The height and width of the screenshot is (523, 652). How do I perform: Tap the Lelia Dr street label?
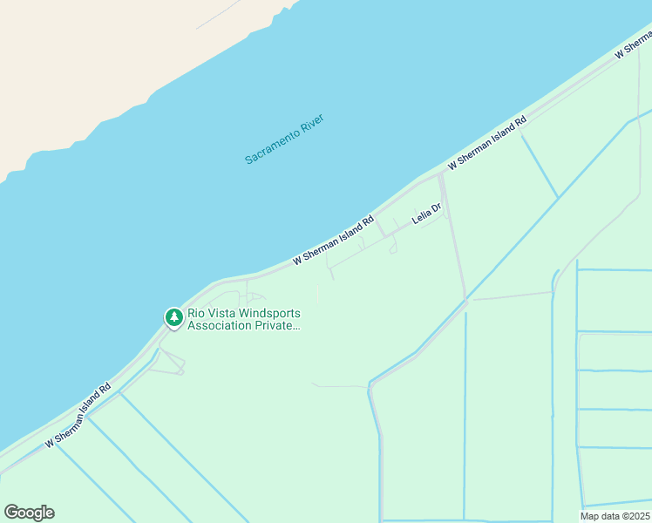427,214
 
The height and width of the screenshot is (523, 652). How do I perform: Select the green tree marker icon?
174,317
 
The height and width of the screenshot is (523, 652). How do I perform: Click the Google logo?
29,513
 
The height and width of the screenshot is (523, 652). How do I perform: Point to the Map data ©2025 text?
615,515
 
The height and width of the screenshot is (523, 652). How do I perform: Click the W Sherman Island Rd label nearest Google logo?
78,416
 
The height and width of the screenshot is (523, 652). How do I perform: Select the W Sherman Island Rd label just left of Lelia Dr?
333,240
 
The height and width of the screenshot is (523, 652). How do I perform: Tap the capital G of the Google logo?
11,513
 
